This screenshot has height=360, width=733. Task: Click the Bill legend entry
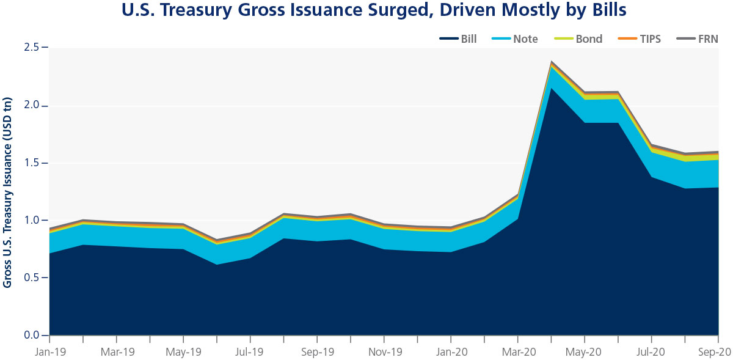click(458, 39)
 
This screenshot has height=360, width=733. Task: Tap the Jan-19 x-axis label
click(49, 352)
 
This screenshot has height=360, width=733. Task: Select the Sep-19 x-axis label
click(317, 352)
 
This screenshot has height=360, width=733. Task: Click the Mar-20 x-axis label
click(517, 352)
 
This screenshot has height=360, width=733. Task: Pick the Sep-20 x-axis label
click(717, 352)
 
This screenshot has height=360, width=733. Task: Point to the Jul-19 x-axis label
click(250, 352)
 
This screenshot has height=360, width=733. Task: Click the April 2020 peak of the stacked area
click(552, 62)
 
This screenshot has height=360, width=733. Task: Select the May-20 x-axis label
click(585, 352)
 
